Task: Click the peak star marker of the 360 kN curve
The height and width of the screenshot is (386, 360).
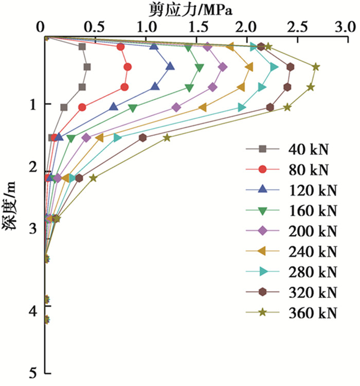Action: pos(316,67)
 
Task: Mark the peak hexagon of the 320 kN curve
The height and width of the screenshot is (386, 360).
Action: pos(291,67)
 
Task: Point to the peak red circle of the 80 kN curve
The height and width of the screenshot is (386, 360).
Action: pos(128,67)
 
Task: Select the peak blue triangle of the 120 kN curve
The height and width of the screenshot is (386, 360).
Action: pos(170,66)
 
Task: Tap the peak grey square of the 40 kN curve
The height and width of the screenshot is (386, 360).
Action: pos(87,67)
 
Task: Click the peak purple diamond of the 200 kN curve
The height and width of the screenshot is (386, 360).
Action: pos(223,67)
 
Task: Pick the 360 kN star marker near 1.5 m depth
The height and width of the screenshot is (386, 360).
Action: pos(167,137)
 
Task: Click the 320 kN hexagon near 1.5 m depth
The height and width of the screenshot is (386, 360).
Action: pos(142,137)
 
